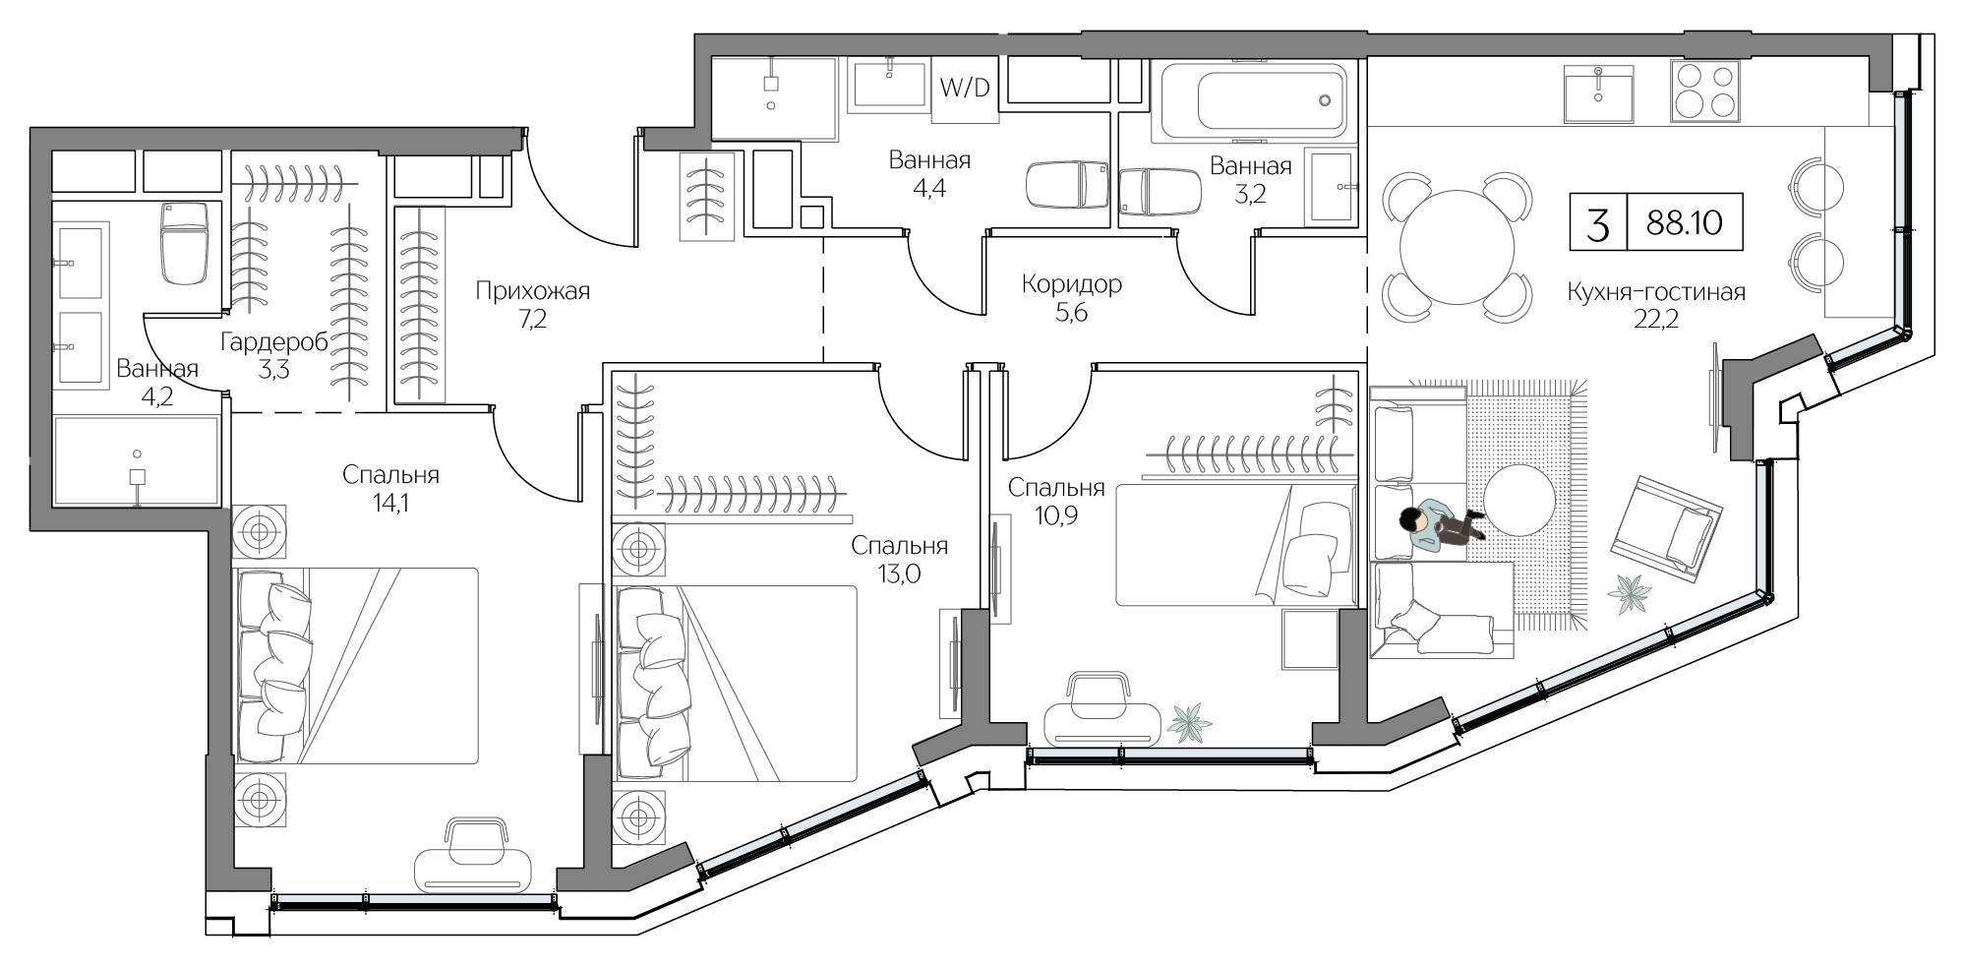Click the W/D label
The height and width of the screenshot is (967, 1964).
[965, 89]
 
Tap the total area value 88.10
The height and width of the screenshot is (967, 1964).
[1685, 223]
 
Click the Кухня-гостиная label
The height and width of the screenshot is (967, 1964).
[1656, 292]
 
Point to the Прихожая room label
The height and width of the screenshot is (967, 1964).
[532, 290]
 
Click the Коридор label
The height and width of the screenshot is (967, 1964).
[1071, 284]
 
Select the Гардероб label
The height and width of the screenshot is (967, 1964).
[274, 341]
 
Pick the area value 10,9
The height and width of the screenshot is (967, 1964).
[1056, 515]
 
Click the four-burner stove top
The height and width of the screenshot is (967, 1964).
[1703, 91]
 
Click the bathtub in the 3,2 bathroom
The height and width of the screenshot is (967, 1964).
[1253, 102]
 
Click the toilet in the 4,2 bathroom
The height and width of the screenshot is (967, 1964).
[184, 243]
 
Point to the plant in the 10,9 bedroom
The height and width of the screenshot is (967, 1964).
[1192, 723]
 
